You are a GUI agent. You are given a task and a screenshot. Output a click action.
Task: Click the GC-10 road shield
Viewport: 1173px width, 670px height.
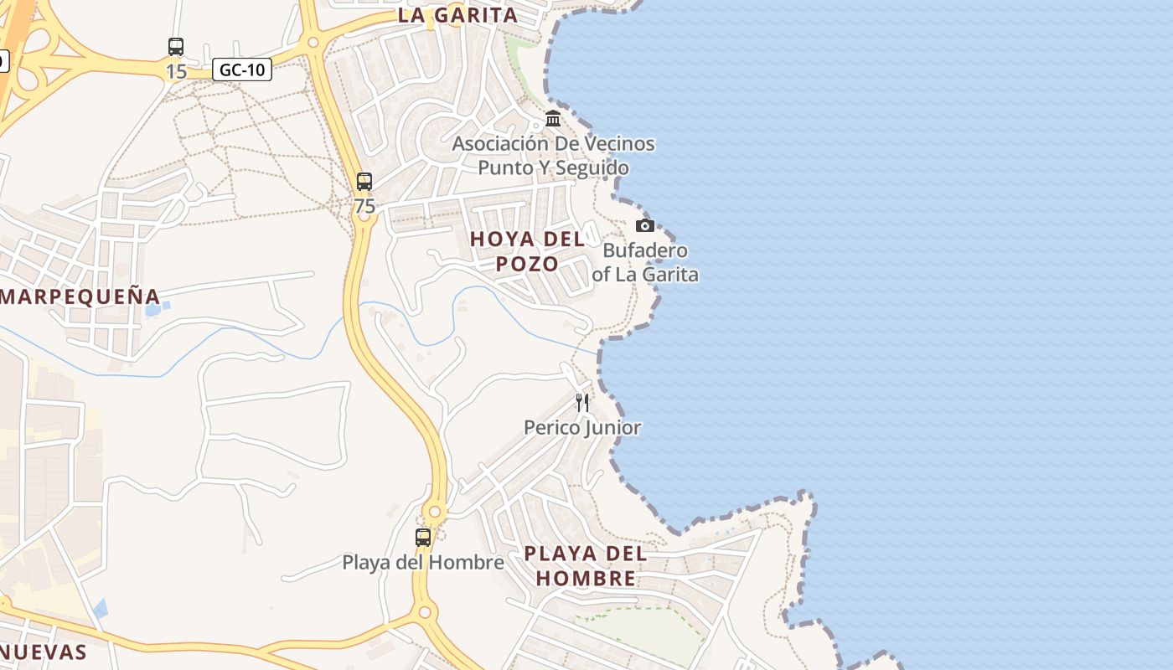tap(243, 70)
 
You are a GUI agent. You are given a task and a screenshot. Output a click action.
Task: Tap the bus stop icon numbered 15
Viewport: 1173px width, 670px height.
tap(176, 47)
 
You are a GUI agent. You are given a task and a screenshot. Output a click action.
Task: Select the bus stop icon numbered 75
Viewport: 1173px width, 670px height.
tap(364, 181)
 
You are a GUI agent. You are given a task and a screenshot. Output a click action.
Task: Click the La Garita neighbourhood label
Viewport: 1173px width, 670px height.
tap(457, 15)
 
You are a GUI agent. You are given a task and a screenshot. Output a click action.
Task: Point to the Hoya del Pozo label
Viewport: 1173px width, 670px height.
tap(527, 251)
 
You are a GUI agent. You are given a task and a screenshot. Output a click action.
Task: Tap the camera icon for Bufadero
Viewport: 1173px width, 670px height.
tap(644, 225)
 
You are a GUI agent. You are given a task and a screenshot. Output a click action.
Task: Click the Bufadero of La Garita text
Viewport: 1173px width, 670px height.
tap(645, 262)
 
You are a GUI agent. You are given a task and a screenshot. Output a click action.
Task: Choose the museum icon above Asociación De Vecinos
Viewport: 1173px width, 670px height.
tap(553, 119)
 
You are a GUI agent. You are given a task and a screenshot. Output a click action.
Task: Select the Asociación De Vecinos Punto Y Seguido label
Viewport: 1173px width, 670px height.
tap(553, 156)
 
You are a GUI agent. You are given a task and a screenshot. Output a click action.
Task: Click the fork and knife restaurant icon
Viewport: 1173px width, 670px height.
tap(582, 403)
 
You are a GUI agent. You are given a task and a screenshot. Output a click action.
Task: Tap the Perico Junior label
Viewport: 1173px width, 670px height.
tap(582, 428)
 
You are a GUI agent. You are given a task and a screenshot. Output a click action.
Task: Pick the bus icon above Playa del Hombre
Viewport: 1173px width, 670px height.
tap(423, 537)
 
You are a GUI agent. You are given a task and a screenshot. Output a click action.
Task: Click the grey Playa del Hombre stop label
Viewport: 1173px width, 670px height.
tap(423, 562)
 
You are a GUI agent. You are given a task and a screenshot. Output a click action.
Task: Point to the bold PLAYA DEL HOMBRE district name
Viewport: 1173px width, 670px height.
tap(586, 566)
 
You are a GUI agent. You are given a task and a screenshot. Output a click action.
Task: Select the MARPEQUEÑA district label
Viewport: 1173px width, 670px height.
tap(80, 296)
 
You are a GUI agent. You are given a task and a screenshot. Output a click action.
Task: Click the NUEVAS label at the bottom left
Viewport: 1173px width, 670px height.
tap(44, 652)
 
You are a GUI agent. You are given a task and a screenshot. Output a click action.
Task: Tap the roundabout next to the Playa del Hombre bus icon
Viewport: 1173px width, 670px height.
tap(434, 512)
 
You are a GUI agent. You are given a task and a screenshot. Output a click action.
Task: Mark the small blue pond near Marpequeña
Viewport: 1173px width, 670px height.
tap(153, 310)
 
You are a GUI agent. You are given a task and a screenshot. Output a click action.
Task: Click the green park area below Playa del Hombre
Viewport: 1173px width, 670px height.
tap(645, 632)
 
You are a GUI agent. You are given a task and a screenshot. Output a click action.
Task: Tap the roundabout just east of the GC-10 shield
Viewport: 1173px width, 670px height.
tap(313, 42)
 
